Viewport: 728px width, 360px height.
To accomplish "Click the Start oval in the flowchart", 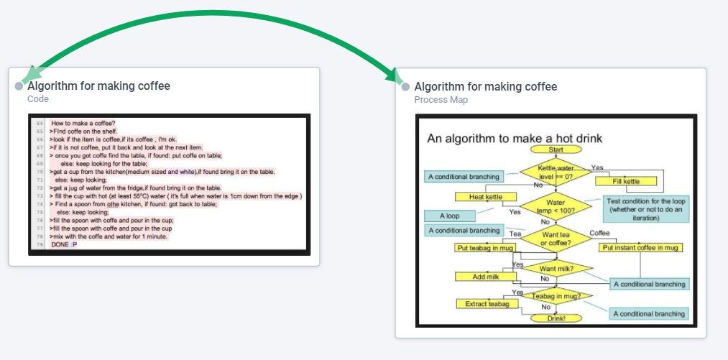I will tap(556, 149).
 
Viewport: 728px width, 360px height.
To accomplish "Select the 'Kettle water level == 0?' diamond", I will tap(556, 172).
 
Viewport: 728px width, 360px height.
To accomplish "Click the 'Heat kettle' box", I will tap(485, 197).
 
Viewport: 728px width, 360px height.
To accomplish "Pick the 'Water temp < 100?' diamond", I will tap(556, 206).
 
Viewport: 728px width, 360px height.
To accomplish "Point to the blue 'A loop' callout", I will tap(450, 216).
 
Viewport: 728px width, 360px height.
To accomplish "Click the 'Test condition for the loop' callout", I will tap(645, 209).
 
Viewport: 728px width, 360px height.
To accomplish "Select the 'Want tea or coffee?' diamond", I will tap(556, 239).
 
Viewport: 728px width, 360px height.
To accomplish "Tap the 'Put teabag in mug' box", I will tap(485, 248).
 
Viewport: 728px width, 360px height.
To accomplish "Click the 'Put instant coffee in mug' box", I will tap(640, 248).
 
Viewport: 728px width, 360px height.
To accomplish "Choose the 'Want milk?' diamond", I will tap(556, 269).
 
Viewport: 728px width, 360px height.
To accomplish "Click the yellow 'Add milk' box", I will tap(485, 277).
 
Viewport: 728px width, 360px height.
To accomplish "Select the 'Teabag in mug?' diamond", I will tap(556, 296).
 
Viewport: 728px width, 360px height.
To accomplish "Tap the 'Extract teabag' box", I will tap(485, 304).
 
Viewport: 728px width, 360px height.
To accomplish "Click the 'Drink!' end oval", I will tap(556, 317).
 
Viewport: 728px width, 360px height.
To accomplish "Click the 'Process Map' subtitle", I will tap(441, 100).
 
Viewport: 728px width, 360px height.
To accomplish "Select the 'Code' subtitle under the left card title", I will tap(38, 99).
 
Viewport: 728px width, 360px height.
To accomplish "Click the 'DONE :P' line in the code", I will tap(64, 245).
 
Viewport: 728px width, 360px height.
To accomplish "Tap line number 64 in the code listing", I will tap(40, 123).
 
